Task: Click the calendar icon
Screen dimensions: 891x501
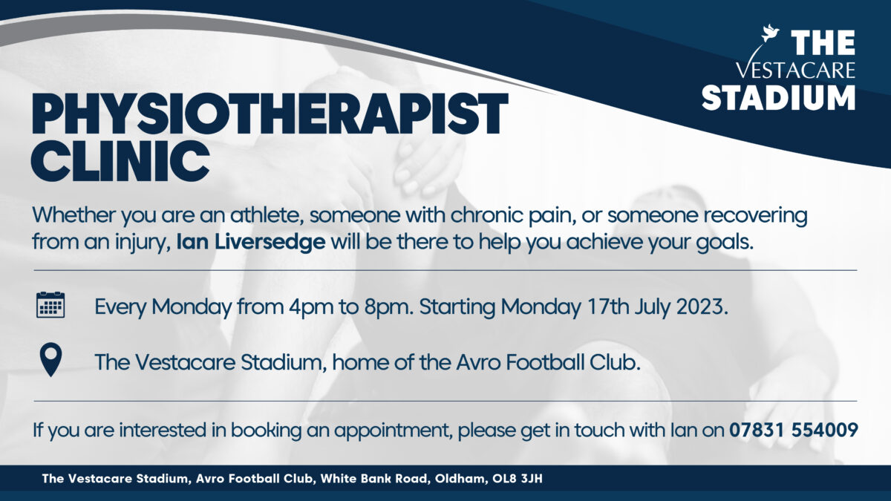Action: (x=50, y=305)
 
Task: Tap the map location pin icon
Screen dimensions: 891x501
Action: (x=51, y=359)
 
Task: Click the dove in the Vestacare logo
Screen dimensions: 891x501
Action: (x=770, y=33)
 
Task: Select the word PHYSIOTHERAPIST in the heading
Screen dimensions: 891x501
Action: (x=270, y=114)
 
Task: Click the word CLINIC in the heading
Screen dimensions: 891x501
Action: (x=120, y=162)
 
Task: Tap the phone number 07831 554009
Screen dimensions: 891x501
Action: (x=793, y=430)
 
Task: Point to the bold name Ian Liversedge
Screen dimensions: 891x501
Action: (x=251, y=242)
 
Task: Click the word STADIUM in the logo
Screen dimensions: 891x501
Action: (x=778, y=98)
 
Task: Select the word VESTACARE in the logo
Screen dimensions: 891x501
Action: (x=794, y=70)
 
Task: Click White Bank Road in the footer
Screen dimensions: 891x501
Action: (x=373, y=478)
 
